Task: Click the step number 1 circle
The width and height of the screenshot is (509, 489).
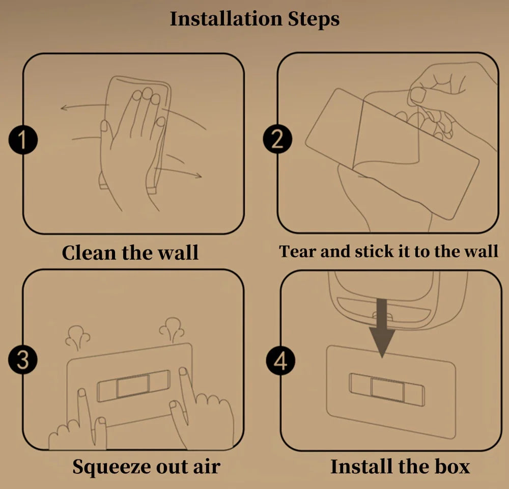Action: [x=23, y=140]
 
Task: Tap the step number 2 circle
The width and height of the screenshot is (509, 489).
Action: [x=277, y=140]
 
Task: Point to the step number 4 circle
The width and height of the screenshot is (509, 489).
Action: [x=280, y=361]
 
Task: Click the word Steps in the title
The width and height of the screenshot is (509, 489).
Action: [x=314, y=19]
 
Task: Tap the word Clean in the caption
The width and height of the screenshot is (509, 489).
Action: [x=89, y=253]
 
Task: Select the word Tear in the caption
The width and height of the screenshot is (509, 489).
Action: [x=298, y=251]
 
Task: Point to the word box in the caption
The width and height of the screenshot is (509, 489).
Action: [x=452, y=467]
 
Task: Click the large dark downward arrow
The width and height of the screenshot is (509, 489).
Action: [x=382, y=328]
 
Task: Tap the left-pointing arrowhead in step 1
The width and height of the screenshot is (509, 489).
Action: [x=64, y=107]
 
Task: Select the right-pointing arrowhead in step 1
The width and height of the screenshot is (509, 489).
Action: [x=198, y=176]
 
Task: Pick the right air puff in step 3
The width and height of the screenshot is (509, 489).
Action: [x=172, y=330]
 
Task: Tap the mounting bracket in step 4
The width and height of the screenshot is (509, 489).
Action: [x=387, y=389]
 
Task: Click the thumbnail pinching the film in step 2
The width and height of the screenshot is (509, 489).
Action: [x=418, y=95]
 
